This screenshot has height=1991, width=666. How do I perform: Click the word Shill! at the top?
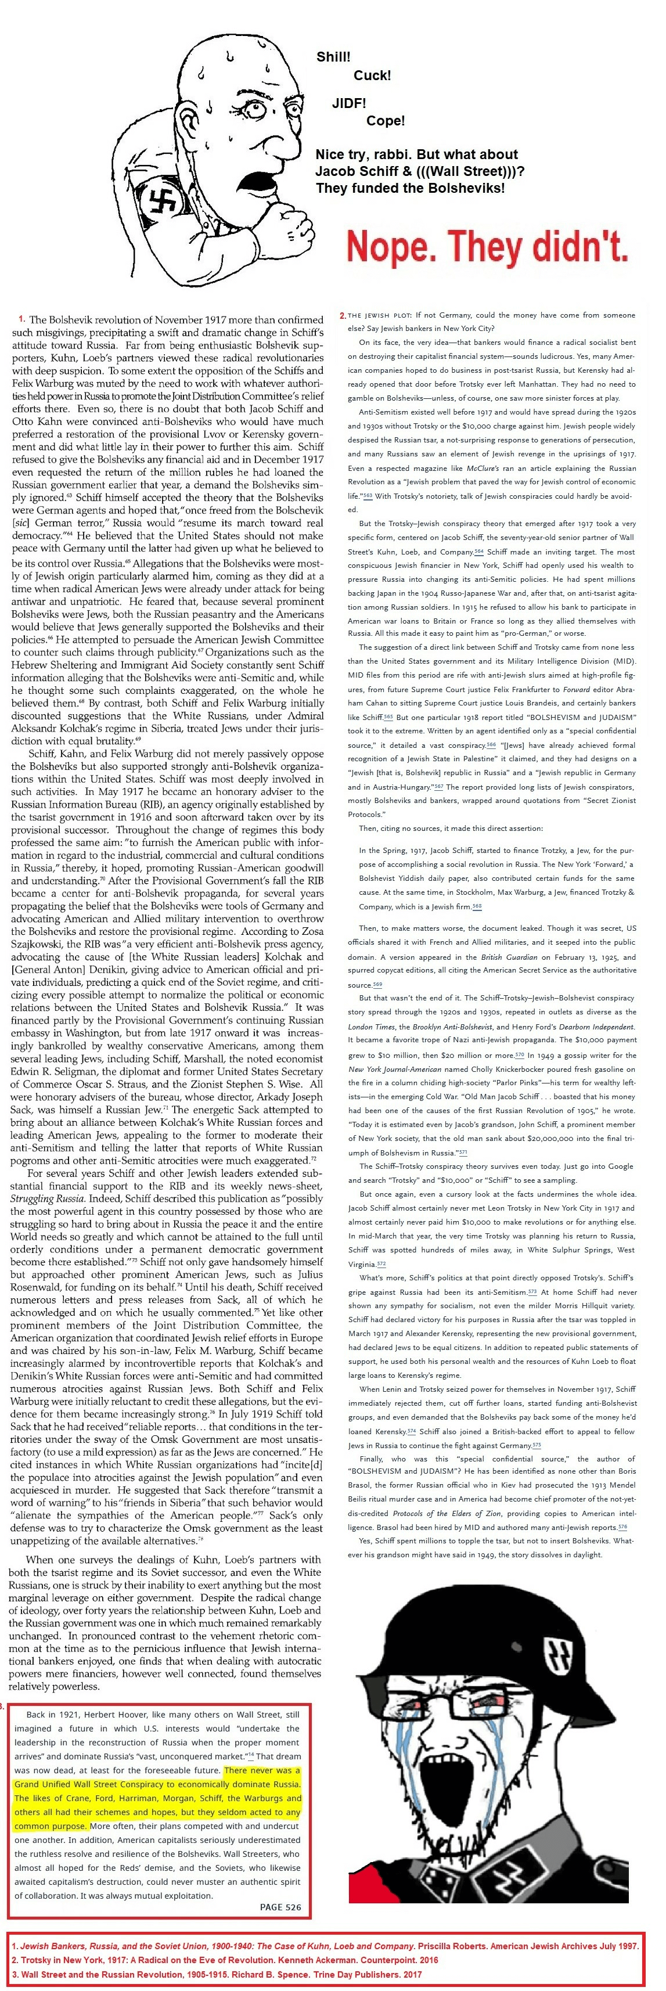click(333, 57)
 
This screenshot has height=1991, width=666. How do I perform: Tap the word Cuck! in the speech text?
click(372, 75)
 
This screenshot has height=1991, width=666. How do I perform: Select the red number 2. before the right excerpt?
click(342, 315)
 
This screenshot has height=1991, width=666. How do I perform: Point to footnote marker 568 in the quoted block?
click(476, 906)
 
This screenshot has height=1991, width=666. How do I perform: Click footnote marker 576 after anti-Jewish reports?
click(622, 1527)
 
